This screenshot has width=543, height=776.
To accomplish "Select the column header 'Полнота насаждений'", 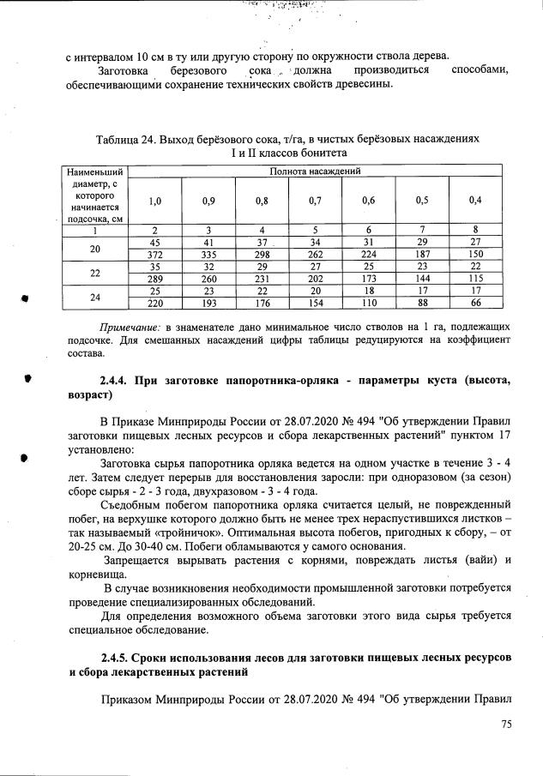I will pyautogui.click(x=315, y=171).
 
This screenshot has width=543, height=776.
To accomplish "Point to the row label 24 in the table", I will pyautogui.click(x=94, y=297).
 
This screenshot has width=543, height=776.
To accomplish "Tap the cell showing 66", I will pyautogui.click(x=475, y=303).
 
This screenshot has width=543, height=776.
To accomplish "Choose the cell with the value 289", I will pyautogui.click(x=154, y=279).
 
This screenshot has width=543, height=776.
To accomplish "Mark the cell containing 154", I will pyautogui.click(x=315, y=303).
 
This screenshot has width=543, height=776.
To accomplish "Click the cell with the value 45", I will pyautogui.click(x=154, y=243).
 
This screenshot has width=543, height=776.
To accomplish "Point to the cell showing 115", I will pyautogui.click(x=475, y=279).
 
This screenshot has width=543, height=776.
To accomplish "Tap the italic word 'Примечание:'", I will pyautogui.click(x=130, y=327).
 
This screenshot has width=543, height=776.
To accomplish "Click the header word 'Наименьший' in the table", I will pyautogui.click(x=94, y=171).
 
